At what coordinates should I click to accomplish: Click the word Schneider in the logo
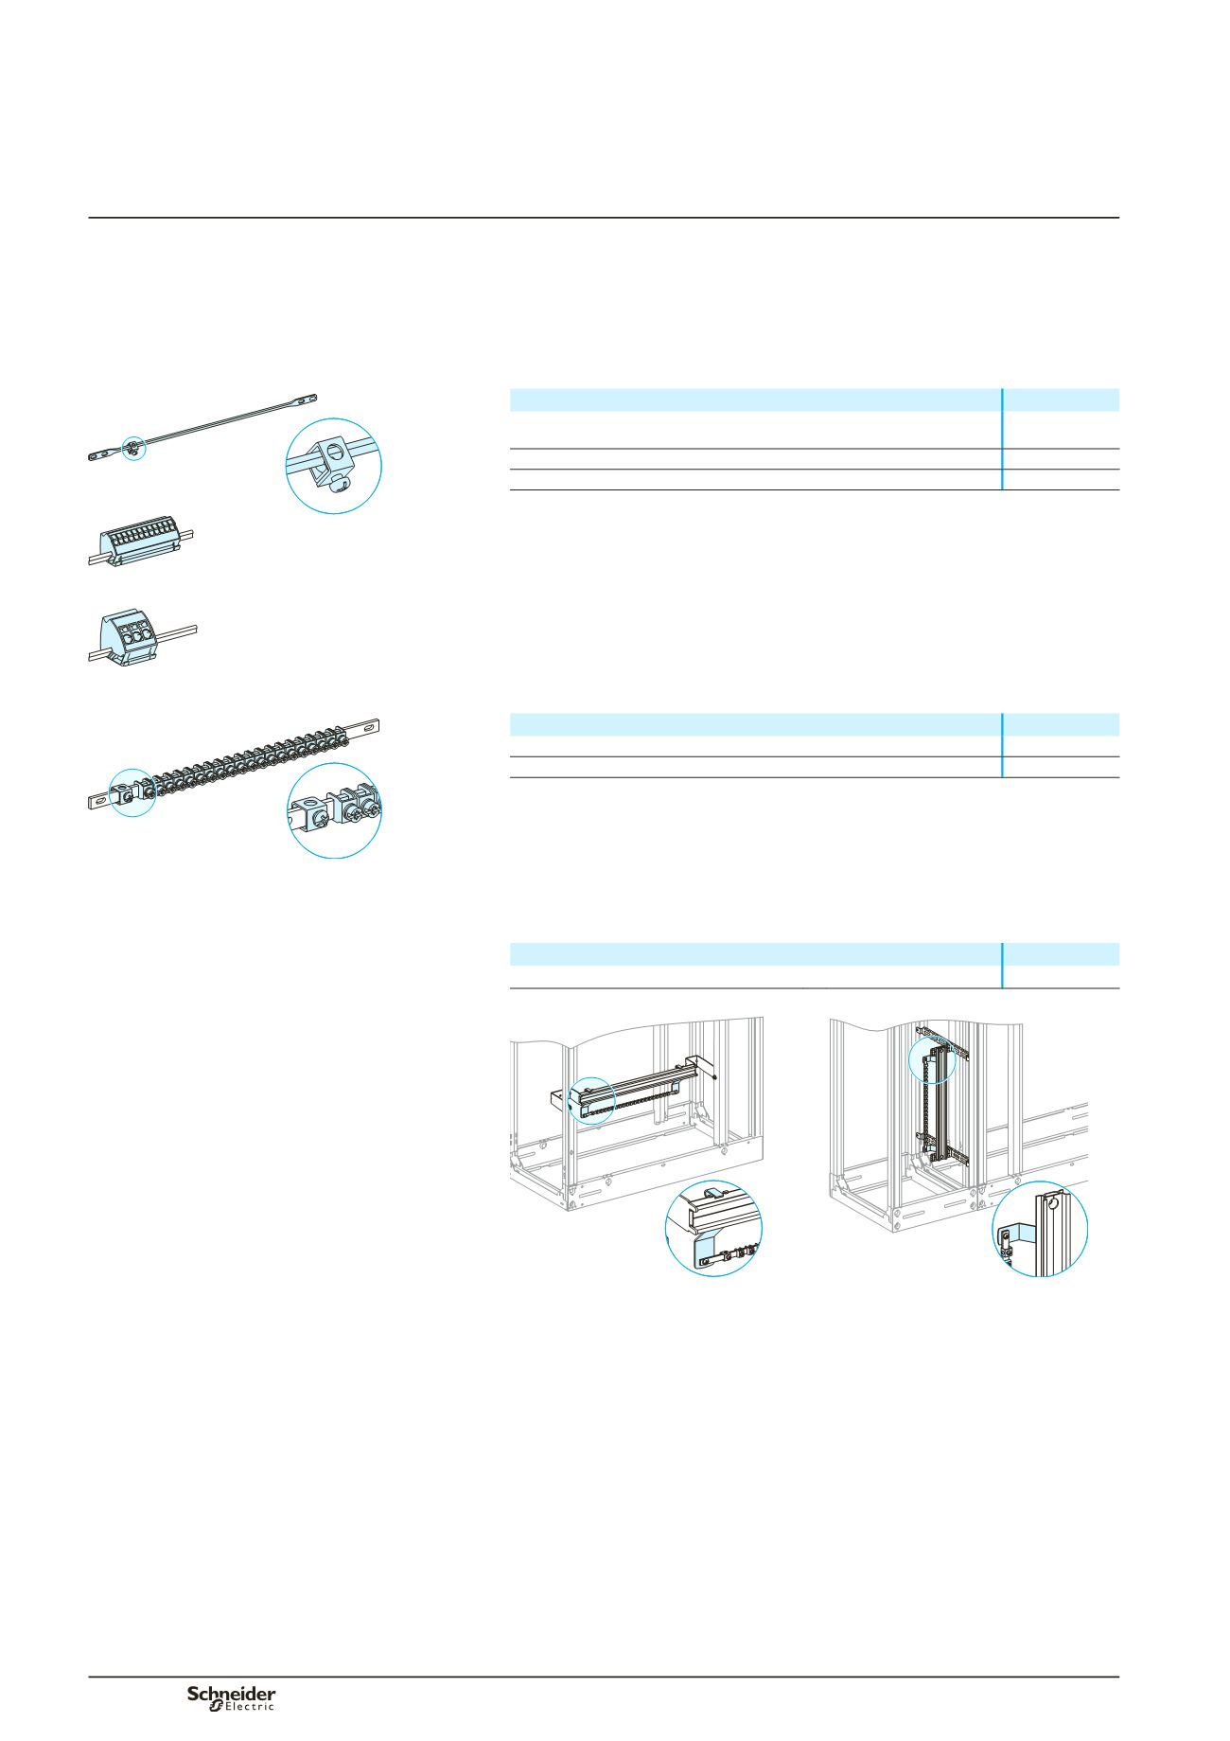(231, 1692)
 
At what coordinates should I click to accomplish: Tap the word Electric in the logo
(242, 1706)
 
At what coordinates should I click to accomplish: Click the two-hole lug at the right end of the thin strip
(302, 400)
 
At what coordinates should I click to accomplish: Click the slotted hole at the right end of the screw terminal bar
(366, 729)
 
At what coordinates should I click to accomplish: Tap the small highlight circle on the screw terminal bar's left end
(132, 793)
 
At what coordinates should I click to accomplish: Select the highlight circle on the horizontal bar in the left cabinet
(593, 1101)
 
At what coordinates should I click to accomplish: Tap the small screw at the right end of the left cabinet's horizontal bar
(715, 1077)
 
